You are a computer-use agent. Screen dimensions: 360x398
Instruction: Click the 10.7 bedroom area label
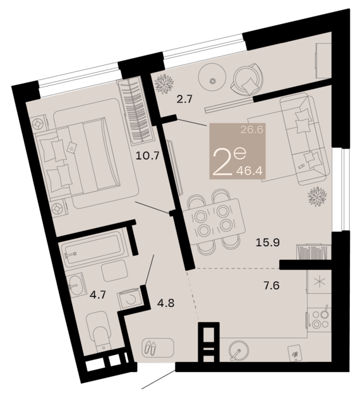pyautogui.click(x=147, y=155)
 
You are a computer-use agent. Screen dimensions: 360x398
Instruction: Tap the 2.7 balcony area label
pyautogui.click(x=185, y=99)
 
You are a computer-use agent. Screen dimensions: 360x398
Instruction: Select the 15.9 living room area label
pyautogui.click(x=268, y=243)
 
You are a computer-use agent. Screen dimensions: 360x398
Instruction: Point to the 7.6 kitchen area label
pyautogui.click(x=272, y=286)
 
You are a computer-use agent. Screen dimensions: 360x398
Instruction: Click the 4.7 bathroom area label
pyautogui.click(x=98, y=295)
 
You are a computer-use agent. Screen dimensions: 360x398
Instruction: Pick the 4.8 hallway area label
pyautogui.click(x=166, y=303)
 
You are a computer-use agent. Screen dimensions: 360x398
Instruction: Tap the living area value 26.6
pyautogui.click(x=252, y=130)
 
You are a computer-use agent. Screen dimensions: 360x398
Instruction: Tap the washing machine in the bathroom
pyautogui.click(x=129, y=299)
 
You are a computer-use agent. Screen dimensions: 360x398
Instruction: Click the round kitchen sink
pyautogui.click(x=238, y=351)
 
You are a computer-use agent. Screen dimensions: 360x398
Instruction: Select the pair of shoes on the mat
pyautogui.click(x=150, y=347)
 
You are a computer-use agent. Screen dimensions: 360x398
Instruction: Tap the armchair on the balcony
pyautogui.click(x=246, y=78)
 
